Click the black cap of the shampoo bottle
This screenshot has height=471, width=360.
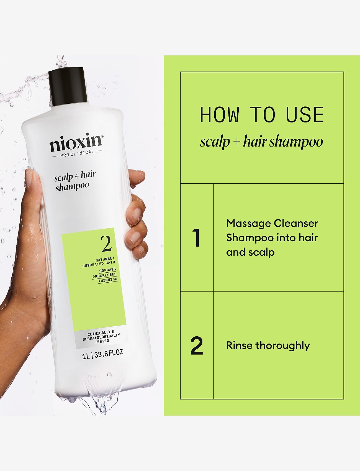(x=68, y=87)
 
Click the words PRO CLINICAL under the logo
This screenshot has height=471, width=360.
(x=77, y=153)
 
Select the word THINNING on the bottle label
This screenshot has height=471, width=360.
(x=108, y=280)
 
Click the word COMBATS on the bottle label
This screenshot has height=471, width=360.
(x=108, y=270)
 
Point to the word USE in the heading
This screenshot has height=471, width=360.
(x=305, y=115)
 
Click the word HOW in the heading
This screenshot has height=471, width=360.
(x=220, y=115)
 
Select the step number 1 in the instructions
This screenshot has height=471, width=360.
(x=197, y=238)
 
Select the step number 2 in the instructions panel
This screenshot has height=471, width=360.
(x=197, y=346)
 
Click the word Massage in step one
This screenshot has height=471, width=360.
(x=248, y=223)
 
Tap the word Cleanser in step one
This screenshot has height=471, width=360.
(x=296, y=223)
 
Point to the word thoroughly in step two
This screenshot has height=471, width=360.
(x=282, y=346)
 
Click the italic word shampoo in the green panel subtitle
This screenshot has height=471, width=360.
(x=296, y=142)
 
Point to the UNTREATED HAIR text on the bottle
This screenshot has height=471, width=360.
(x=99, y=264)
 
